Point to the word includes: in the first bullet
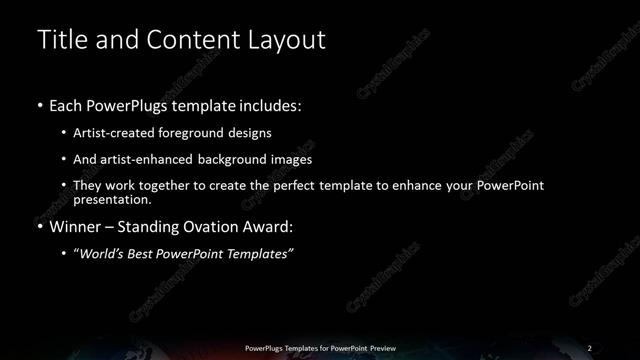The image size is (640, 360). click(x=265, y=104)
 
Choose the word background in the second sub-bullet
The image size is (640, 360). click(x=224, y=160)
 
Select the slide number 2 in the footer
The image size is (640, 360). click(x=589, y=347)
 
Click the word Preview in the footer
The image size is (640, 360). click(x=380, y=347)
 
